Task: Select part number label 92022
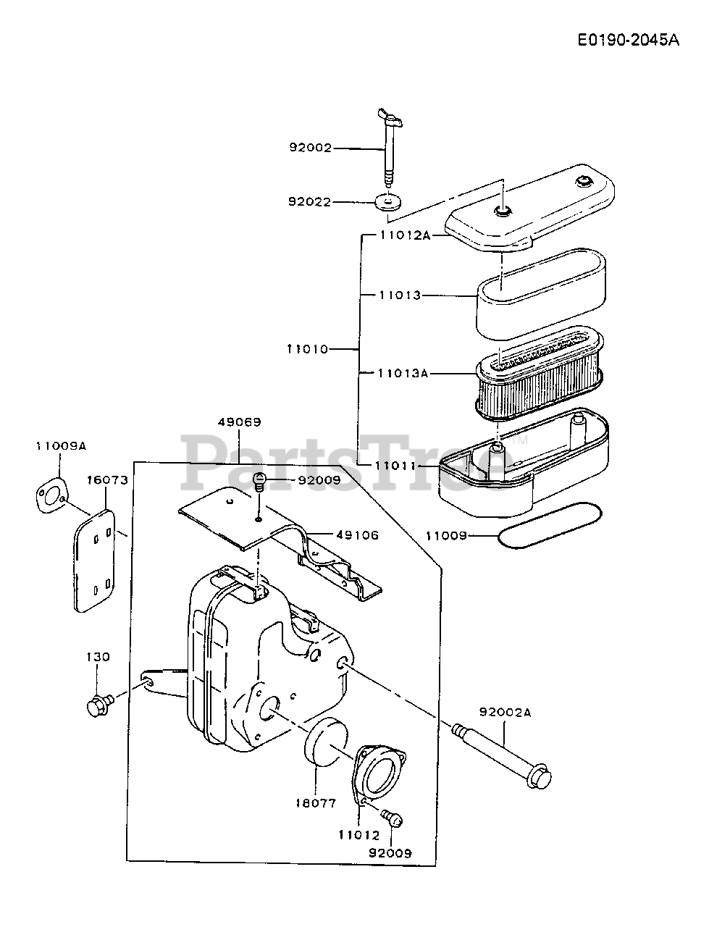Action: tap(309, 202)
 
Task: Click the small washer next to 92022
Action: tap(387, 201)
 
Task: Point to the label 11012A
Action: tap(405, 235)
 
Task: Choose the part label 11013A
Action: tap(403, 373)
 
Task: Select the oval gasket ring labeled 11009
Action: tap(550, 525)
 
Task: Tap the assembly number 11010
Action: tap(307, 349)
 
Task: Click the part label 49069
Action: tap(240, 422)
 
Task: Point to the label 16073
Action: tap(108, 480)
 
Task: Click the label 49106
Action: tap(358, 535)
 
